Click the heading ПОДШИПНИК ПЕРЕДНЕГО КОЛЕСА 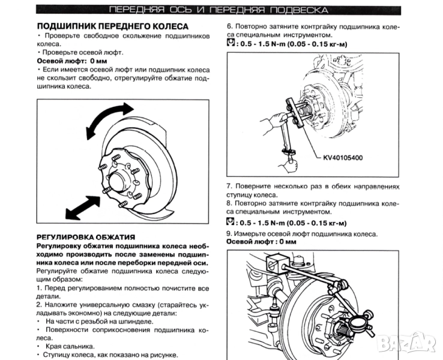pyautogui.click(x=113, y=26)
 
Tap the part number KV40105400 pyautogui.click(x=343, y=158)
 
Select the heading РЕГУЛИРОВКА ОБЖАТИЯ pyautogui.click(x=86, y=237)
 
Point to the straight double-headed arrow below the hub pyautogui.click(x=83, y=208)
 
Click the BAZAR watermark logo pyautogui.click(x=406, y=343)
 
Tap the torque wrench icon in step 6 pyautogui.click(x=231, y=43)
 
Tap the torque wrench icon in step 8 pyautogui.click(x=231, y=221)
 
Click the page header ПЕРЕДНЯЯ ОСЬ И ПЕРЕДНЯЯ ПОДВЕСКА pyautogui.click(x=218, y=10)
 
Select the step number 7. pyautogui.click(x=229, y=187)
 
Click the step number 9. pyautogui.click(x=229, y=234)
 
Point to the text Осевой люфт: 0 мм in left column pyautogui.click(x=72, y=61)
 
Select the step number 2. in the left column pyautogui.click(x=39, y=305)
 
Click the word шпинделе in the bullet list pyautogui.click(x=137, y=322)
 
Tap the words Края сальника pyautogui.click(x=70, y=346)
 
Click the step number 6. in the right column pyautogui.click(x=230, y=27)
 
